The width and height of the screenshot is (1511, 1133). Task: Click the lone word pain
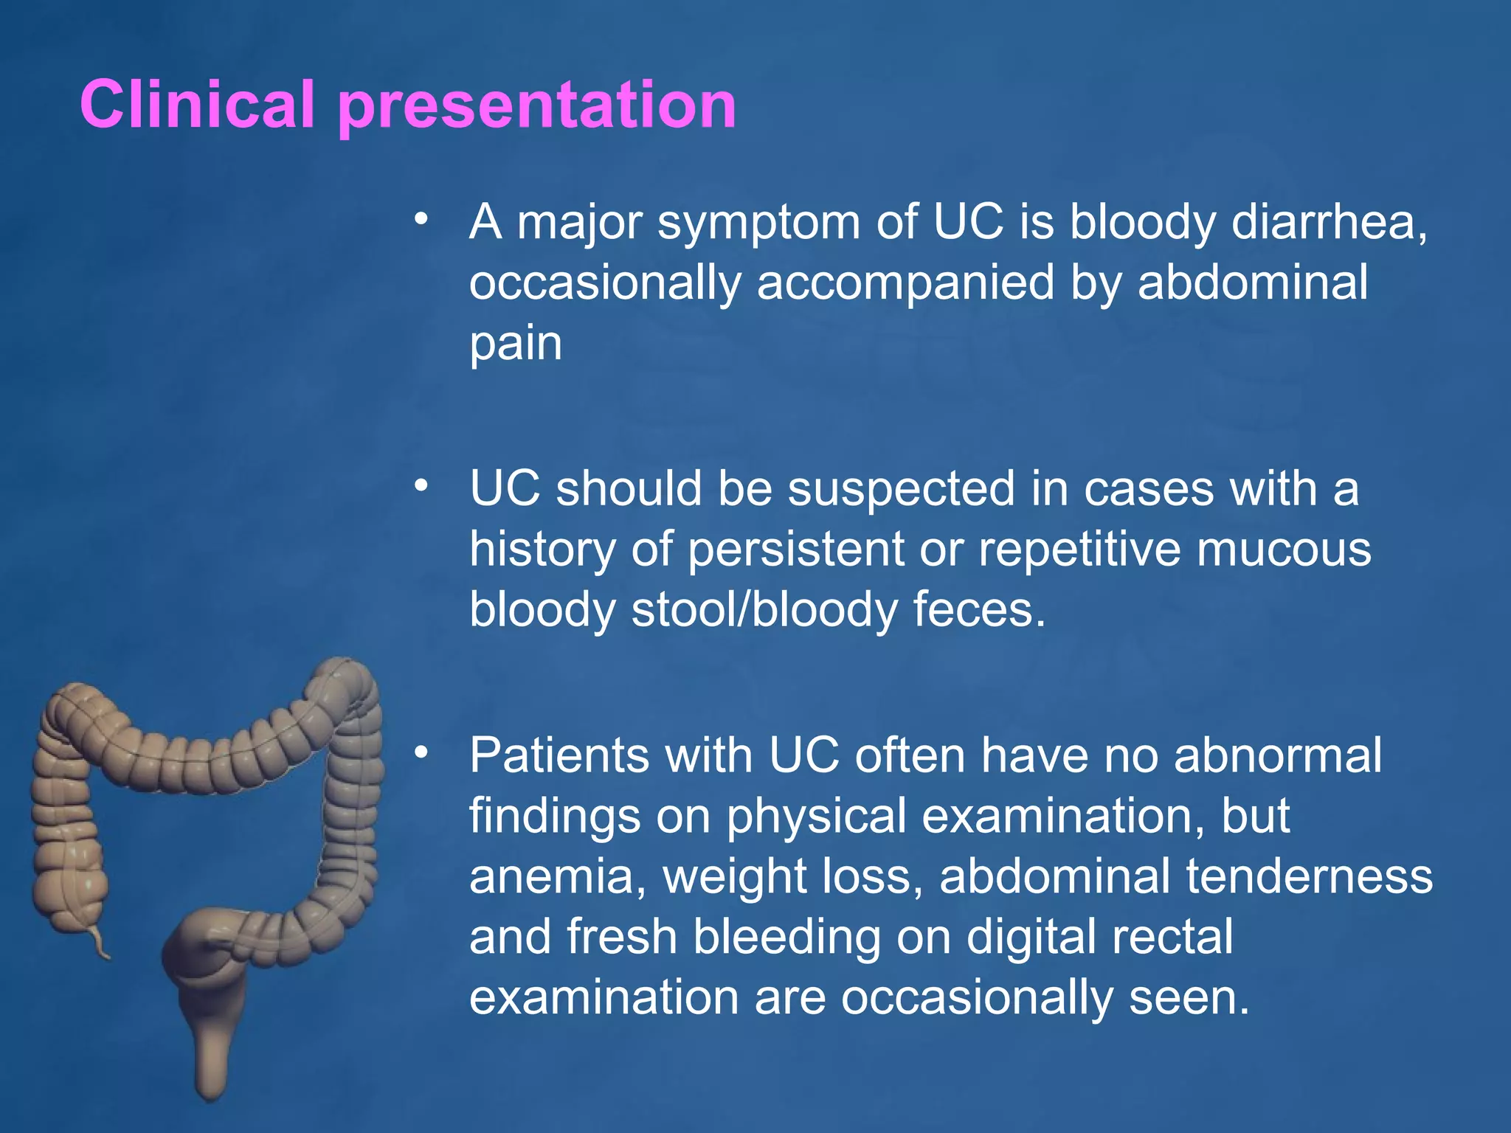click(516, 344)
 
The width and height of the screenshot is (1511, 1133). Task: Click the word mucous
click(1283, 550)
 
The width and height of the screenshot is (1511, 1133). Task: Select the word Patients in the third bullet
click(559, 756)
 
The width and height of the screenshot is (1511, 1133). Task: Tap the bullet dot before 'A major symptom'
click(421, 218)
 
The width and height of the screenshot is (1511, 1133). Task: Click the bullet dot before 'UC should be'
click(421, 485)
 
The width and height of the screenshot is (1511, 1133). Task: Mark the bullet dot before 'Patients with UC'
click(421, 752)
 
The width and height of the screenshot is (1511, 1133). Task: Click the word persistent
click(795, 550)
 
